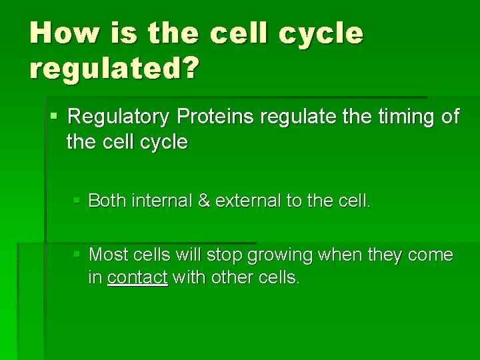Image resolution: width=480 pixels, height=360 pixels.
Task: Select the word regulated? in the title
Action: pyautogui.click(x=113, y=68)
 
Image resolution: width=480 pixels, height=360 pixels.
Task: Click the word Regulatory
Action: pyautogui.click(x=119, y=117)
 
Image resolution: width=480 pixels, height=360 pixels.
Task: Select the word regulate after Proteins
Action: pyautogui.click(x=297, y=117)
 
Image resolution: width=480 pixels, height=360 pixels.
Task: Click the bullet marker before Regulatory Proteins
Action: pyautogui.click(x=54, y=117)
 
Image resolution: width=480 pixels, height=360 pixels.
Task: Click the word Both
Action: pyautogui.click(x=107, y=201)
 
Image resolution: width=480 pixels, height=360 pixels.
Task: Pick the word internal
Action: pyautogui.click(x=161, y=201)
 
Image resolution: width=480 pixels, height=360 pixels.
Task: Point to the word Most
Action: pyautogui.click(x=108, y=255)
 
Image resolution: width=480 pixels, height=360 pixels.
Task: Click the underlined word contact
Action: pyautogui.click(x=137, y=278)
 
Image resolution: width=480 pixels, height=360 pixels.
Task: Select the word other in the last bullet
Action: pyautogui.click(x=234, y=278)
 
